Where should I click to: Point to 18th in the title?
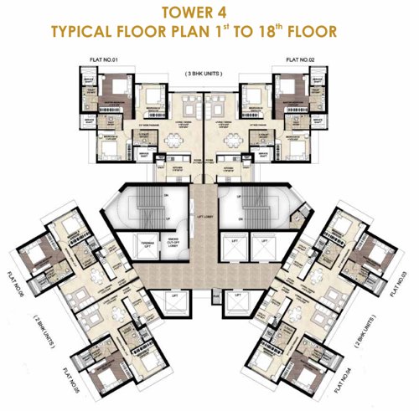pyautogui.click(x=282, y=33)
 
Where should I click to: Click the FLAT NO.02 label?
pyautogui.click(x=300, y=60)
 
